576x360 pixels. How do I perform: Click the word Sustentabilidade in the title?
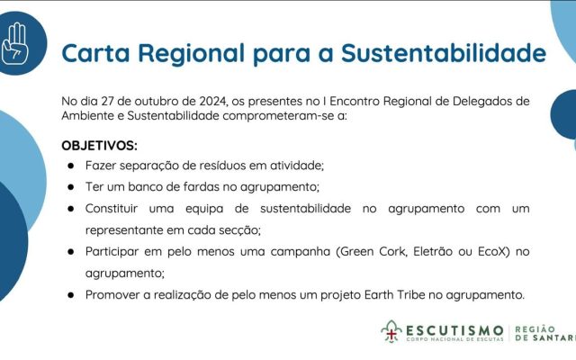click(443, 52)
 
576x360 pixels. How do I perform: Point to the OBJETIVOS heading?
click(99, 145)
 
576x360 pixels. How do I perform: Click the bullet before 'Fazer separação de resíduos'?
click(70, 166)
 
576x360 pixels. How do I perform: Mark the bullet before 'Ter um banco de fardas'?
click(70, 187)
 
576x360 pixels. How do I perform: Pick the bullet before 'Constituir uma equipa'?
click(70, 209)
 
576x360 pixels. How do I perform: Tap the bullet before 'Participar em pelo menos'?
click(70, 251)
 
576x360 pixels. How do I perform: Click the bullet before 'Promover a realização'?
click(70, 294)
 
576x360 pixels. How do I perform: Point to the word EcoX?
click(490, 251)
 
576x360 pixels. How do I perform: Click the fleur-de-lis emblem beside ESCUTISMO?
click(391, 333)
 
